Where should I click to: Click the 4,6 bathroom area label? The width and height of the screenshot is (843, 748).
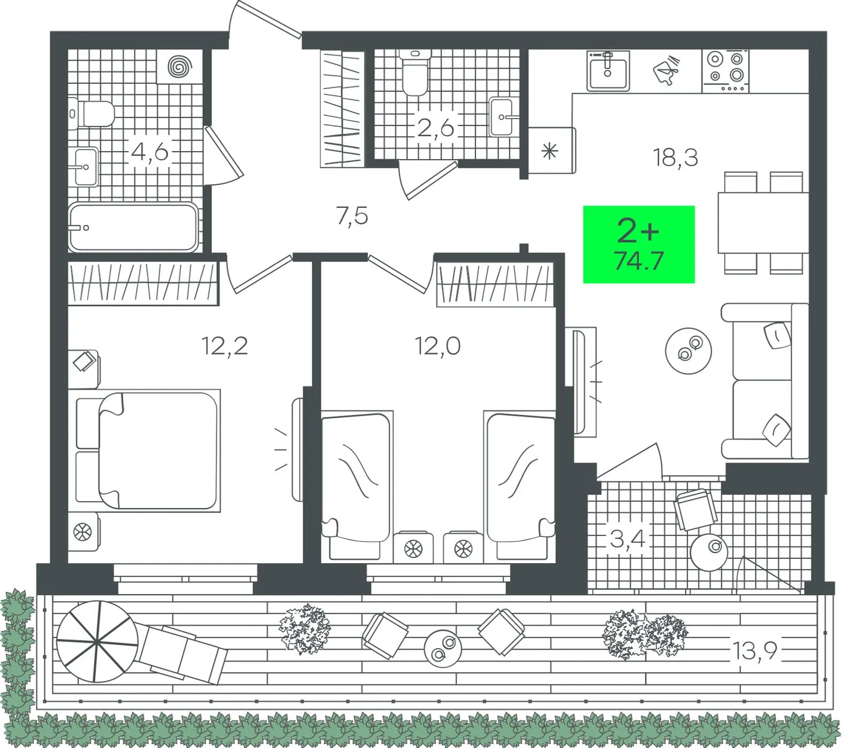pos(149,152)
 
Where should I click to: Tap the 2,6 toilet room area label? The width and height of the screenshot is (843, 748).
pos(436,128)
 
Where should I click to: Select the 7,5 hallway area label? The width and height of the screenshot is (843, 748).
pos(352,216)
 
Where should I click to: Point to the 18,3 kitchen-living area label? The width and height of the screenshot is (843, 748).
pos(675,158)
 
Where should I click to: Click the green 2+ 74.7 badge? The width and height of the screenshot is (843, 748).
pos(639,244)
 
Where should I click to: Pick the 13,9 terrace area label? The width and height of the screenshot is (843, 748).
pos(754,651)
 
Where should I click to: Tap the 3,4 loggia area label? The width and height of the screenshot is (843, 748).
pos(628,539)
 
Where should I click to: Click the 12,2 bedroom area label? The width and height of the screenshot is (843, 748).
pos(225,346)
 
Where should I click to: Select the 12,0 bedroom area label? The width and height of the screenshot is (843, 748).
pos(438,346)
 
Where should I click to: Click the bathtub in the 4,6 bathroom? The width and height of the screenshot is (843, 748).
pos(133,228)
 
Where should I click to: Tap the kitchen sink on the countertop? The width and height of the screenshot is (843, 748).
pos(608,72)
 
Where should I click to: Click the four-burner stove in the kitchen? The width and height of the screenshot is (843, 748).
pos(726,71)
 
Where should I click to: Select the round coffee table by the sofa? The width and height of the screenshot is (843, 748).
pos(688,351)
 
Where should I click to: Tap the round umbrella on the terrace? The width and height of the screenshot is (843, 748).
pos(97,641)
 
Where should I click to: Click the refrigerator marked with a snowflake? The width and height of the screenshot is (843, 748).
pos(552,151)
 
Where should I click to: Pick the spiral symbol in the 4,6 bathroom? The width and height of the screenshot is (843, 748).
pos(180,67)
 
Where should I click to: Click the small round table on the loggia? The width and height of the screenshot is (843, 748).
pos(709,552)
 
